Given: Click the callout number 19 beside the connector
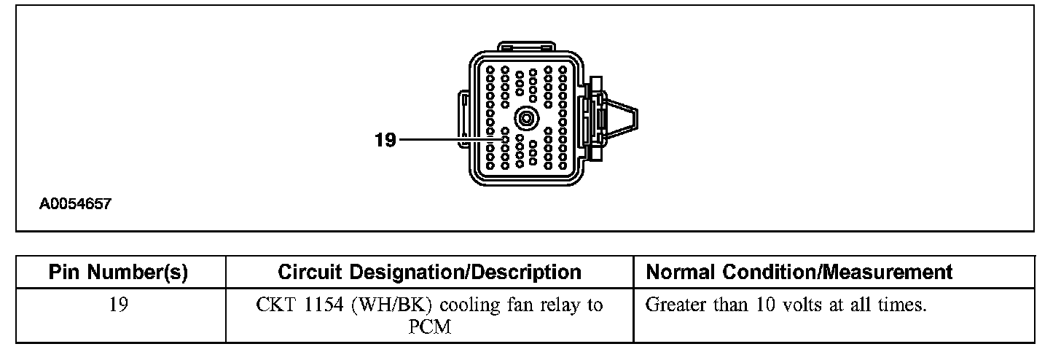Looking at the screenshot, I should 385,139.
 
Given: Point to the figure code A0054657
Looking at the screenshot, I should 75,205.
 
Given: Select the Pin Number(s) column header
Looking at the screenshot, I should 119,273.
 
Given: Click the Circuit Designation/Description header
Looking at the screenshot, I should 429,273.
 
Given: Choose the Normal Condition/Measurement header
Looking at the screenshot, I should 799,273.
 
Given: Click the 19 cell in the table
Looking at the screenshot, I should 119,305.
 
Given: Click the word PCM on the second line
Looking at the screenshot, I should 430,327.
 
